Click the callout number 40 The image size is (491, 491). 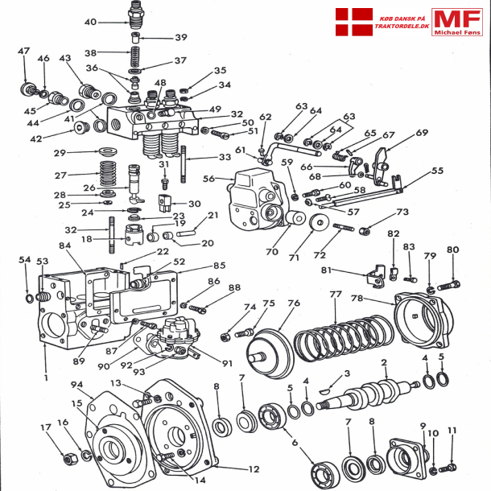coord(89,22)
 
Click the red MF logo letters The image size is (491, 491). coord(456,20)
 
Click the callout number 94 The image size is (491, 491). coord(76,385)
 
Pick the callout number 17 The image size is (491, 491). coord(47,427)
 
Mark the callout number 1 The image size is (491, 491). coord(46,377)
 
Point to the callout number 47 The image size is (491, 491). coord(23,52)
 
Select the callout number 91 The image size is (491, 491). coord(228,363)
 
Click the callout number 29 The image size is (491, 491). coord(81,153)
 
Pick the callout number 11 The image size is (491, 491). coord(452,431)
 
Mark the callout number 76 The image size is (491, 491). coord(294,303)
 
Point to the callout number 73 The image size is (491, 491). coord(402,212)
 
